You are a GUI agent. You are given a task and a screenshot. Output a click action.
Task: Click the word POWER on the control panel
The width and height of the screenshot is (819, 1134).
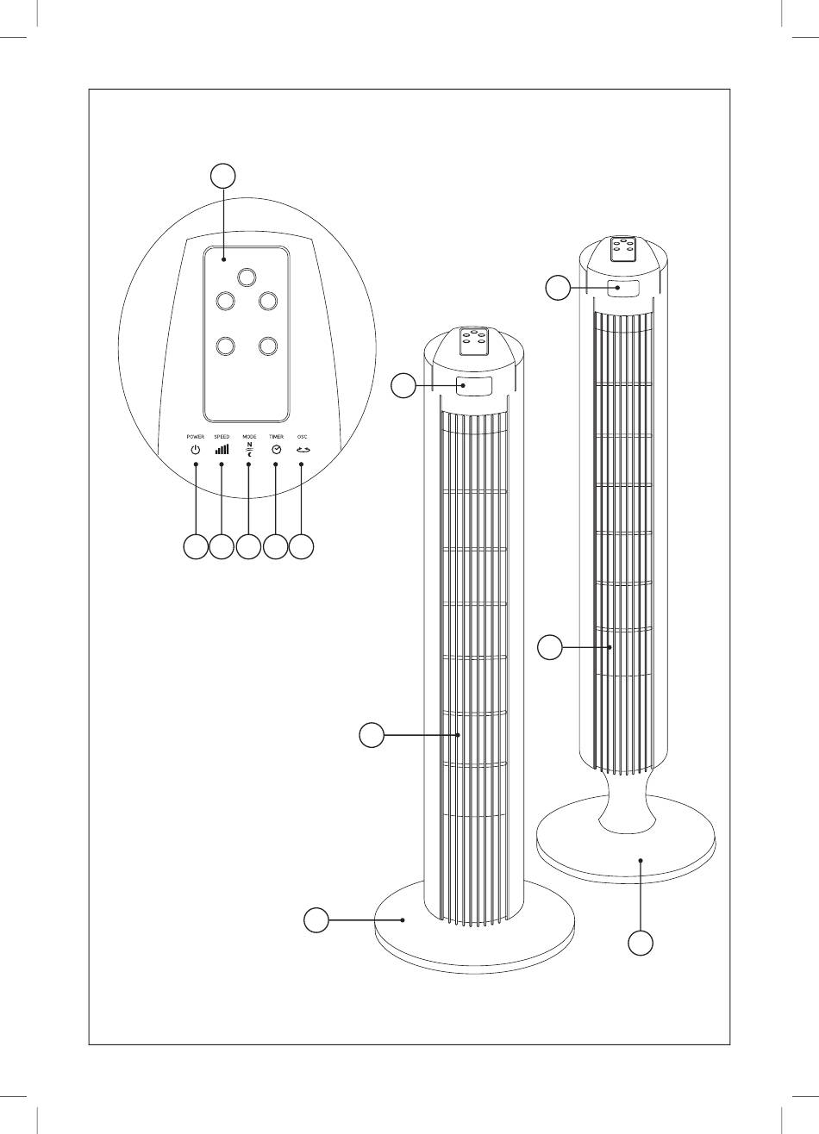coord(196,436)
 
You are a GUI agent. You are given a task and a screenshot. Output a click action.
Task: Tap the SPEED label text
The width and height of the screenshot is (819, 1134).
coord(222,436)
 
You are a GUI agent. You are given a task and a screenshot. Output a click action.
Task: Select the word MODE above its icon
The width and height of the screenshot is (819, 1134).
coord(249,436)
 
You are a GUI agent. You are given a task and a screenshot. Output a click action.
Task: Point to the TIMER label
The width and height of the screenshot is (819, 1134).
coord(276,436)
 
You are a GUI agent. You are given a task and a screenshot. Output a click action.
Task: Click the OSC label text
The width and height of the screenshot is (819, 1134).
coord(302,436)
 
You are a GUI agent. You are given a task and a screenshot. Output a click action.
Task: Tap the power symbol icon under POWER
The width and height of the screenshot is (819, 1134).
coord(196,450)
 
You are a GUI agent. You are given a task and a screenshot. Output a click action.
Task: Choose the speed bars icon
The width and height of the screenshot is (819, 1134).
coord(222,449)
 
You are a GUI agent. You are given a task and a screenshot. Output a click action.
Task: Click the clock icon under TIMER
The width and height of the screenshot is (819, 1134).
coord(276,450)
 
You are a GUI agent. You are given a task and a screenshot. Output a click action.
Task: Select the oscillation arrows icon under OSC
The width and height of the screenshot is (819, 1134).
coord(303,450)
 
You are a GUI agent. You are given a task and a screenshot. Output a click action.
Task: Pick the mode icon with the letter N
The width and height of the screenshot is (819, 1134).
coord(249,449)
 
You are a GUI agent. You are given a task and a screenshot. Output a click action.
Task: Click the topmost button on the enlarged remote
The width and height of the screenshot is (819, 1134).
coord(247,277)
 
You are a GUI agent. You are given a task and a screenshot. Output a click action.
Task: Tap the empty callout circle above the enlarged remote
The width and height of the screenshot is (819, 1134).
coord(223,176)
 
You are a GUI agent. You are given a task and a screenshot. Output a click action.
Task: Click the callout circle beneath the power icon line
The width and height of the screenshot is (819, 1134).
coord(196,546)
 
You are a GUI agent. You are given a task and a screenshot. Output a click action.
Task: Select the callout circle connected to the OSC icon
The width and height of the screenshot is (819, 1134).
coord(302,546)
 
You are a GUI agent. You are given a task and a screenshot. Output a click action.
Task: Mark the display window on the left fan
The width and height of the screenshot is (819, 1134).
coord(474,386)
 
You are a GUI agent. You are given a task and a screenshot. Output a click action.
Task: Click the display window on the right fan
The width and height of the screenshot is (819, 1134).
coord(623,289)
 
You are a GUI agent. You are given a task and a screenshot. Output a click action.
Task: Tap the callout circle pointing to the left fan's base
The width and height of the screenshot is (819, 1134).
coord(316,919)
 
